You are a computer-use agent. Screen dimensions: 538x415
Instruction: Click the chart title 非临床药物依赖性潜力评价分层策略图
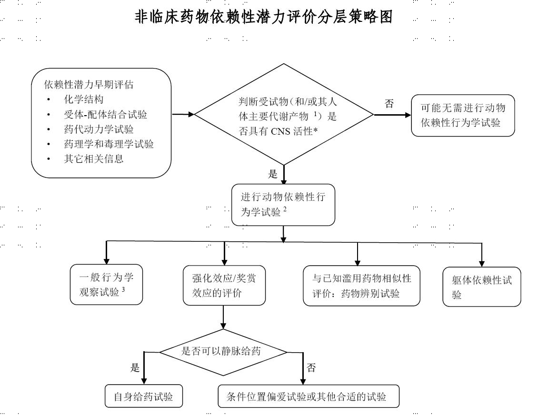pyautogui.click(x=263, y=17)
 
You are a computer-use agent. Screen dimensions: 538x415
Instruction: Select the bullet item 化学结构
pyautogui.click(x=84, y=99)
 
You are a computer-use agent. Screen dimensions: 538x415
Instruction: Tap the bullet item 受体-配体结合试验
pyautogui.click(x=106, y=115)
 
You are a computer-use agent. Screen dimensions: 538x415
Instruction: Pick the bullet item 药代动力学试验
pyautogui.click(x=99, y=129)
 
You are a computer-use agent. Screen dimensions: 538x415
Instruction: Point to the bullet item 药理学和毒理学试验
pyautogui.click(x=109, y=144)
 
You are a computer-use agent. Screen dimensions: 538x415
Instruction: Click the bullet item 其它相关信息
pyautogui.click(x=94, y=159)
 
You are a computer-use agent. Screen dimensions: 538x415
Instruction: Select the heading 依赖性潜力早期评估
pyautogui.click(x=89, y=85)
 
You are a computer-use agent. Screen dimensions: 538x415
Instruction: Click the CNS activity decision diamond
pyautogui.click(x=284, y=115)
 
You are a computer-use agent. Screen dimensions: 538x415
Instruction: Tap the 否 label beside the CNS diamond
pyautogui.click(x=389, y=104)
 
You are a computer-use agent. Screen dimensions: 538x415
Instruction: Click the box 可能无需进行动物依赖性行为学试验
pyautogui.click(x=463, y=116)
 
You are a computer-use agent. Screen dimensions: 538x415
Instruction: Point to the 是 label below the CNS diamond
pyautogui.click(x=273, y=174)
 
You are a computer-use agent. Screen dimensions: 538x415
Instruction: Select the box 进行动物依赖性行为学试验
pyautogui.click(x=283, y=205)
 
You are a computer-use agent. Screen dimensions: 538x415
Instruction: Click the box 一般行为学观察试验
pyautogui.click(x=106, y=284)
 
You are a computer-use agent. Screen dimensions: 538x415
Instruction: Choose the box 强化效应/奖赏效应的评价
pyautogui.click(x=224, y=286)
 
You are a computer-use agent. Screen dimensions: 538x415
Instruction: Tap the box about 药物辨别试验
pyautogui.click(x=362, y=286)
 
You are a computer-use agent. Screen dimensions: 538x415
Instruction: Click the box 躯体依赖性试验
pyautogui.click(x=482, y=287)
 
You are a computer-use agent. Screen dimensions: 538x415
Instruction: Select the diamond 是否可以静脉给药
pyautogui.click(x=223, y=352)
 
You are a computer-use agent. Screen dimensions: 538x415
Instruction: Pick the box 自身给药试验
pyautogui.click(x=144, y=396)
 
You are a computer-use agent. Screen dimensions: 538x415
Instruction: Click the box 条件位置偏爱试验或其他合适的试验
pyautogui.click(x=309, y=396)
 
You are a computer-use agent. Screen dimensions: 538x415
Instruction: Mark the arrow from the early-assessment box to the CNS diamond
pyautogui.click(x=183, y=115)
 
